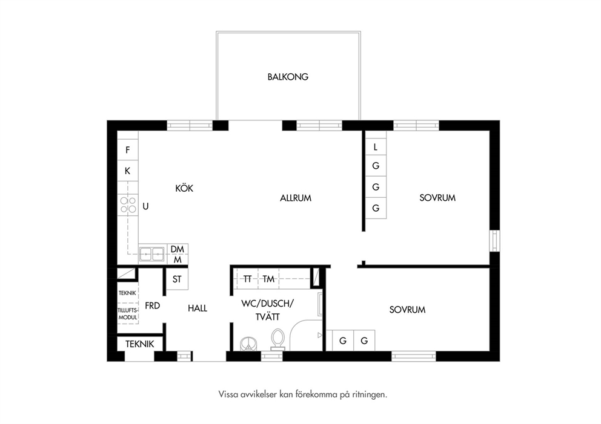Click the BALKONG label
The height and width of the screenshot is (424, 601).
point(288,77)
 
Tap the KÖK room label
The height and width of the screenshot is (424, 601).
point(184,188)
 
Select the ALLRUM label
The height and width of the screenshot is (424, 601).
point(296,198)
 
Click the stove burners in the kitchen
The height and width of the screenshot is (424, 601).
point(128,204)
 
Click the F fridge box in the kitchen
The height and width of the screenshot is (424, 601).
point(128,149)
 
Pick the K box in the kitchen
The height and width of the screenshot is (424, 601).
point(128,171)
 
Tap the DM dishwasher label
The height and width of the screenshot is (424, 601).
point(178,249)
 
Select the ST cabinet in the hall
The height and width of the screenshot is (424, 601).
point(177,279)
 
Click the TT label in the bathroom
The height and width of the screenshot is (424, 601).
point(247,279)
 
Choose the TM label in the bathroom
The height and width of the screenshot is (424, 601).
point(268,279)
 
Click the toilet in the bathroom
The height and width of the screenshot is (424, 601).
point(278,340)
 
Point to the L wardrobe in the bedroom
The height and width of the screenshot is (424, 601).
point(376,146)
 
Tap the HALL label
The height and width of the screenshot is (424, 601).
point(198,308)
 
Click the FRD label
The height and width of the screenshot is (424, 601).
point(152,306)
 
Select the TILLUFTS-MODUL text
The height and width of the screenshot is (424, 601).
point(128,314)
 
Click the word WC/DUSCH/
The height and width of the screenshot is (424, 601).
point(268,304)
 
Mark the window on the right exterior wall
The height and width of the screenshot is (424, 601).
point(495,241)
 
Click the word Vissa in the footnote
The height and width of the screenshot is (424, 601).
point(228,394)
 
